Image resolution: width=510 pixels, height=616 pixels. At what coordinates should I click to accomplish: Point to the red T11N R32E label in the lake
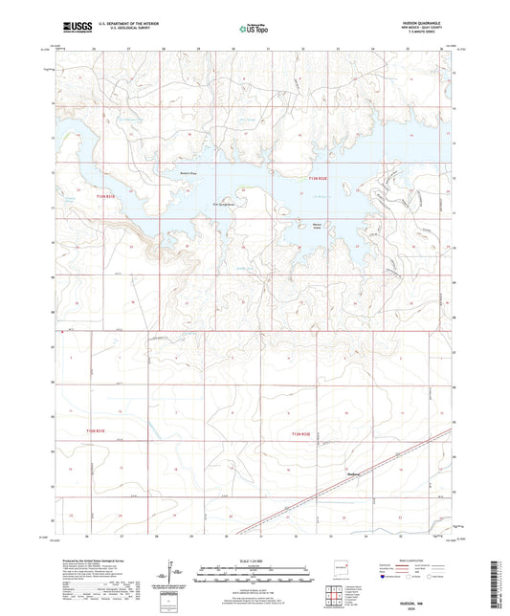coord(322,178)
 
